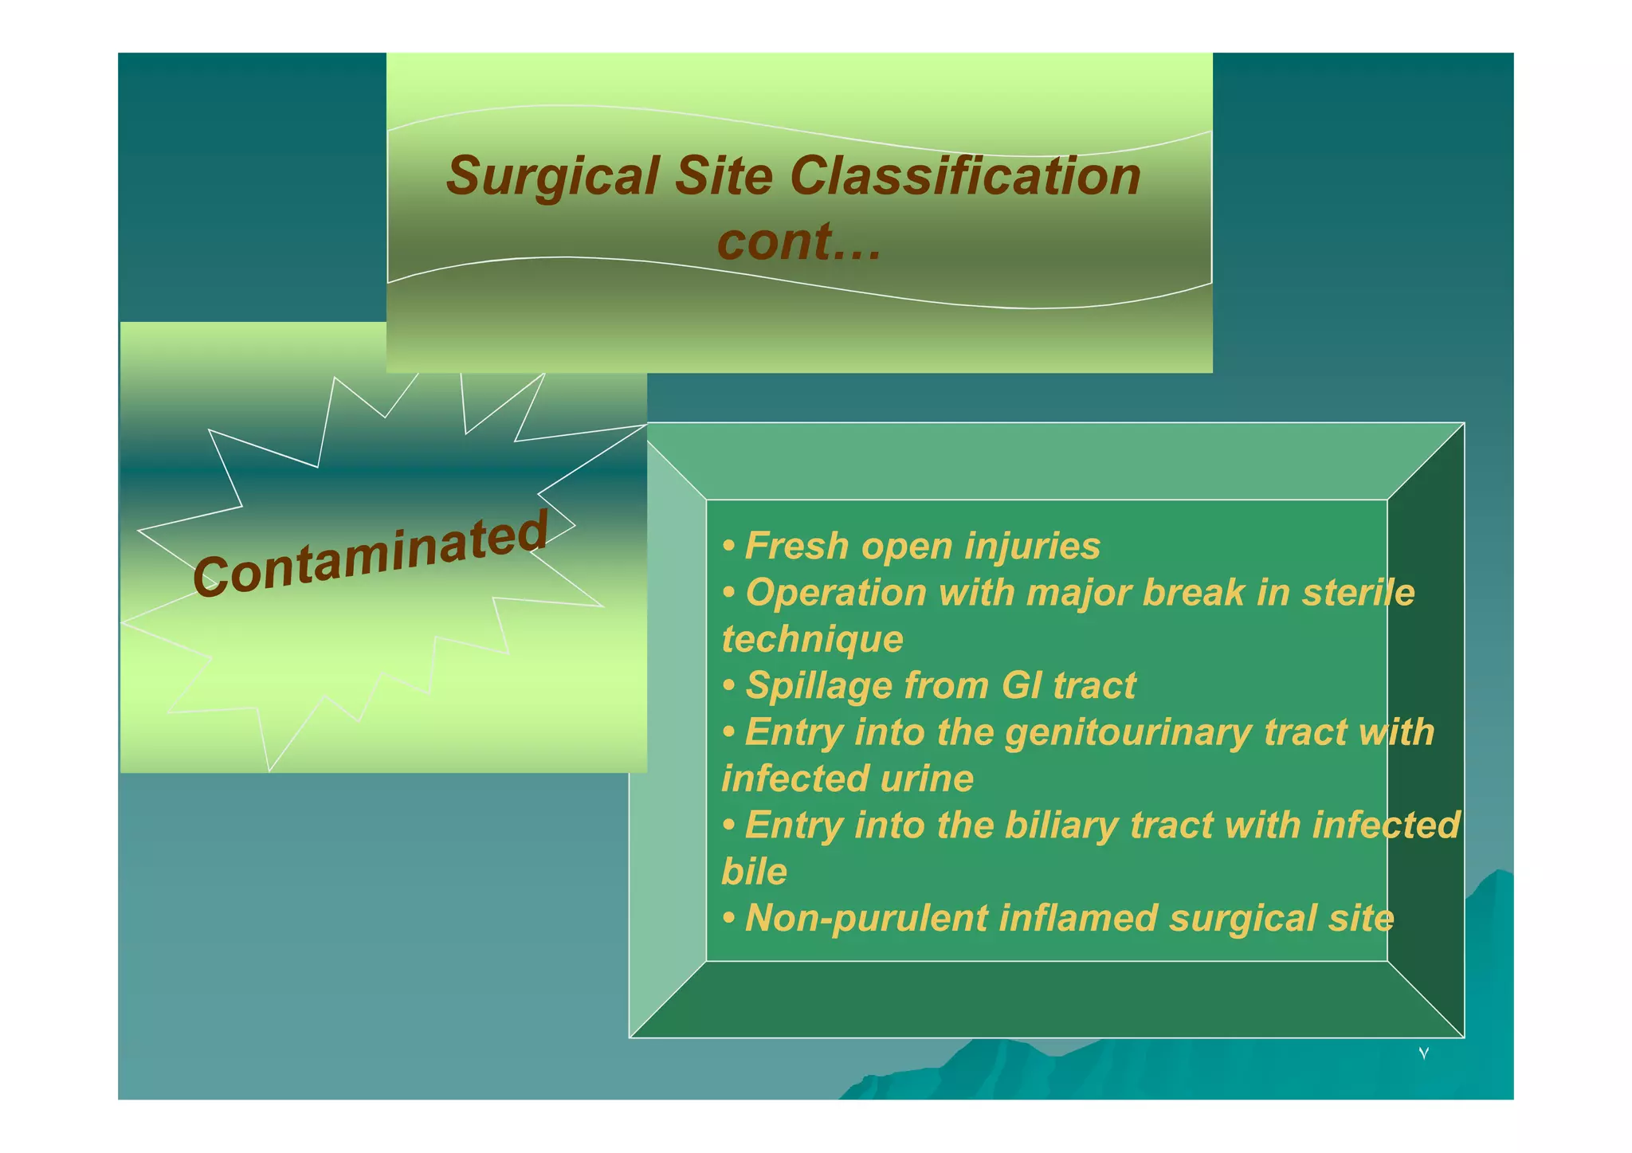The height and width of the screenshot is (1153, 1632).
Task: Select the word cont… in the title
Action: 799,241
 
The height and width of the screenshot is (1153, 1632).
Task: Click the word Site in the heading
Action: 724,175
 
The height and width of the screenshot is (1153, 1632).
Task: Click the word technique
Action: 812,639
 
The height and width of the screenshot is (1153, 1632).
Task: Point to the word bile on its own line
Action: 754,872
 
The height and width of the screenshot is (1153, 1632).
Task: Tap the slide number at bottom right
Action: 1423,1054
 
